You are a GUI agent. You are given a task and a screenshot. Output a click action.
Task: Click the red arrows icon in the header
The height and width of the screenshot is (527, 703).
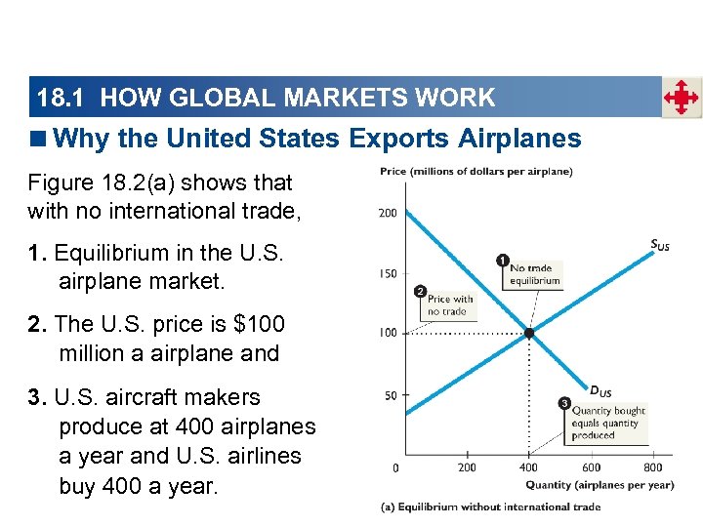click(x=682, y=98)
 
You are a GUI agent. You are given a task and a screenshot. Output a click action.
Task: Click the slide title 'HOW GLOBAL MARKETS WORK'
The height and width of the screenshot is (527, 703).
click(x=298, y=98)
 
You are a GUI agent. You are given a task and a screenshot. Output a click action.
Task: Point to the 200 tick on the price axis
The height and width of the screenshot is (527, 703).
click(x=388, y=213)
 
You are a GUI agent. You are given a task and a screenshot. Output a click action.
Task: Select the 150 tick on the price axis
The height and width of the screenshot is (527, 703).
click(x=388, y=273)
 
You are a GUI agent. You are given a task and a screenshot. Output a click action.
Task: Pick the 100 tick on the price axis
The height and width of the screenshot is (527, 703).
click(x=388, y=333)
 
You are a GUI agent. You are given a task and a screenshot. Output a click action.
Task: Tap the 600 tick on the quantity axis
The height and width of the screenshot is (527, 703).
click(x=592, y=467)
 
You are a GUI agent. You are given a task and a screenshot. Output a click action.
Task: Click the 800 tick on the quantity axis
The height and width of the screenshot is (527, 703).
click(x=653, y=467)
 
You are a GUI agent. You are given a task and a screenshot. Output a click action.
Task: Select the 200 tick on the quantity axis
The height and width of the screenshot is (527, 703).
click(x=468, y=467)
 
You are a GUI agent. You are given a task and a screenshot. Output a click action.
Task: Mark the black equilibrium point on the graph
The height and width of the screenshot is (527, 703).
click(x=529, y=333)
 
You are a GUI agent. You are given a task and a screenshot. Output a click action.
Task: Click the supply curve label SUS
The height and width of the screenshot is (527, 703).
click(x=660, y=245)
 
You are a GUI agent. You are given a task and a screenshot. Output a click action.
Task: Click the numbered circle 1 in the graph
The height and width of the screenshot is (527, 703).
click(x=503, y=261)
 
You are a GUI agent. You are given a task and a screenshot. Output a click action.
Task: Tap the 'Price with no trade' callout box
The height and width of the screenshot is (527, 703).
click(x=449, y=305)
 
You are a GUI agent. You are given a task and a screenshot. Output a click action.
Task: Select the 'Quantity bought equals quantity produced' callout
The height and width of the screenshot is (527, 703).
click(x=604, y=424)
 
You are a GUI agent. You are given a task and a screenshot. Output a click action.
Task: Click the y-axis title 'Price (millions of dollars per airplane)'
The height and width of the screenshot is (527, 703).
click(x=476, y=172)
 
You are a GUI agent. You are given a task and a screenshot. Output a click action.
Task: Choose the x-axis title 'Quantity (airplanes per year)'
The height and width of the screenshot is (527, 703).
click(x=600, y=485)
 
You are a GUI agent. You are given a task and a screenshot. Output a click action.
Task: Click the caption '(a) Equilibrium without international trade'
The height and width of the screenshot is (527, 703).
click(x=490, y=507)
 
